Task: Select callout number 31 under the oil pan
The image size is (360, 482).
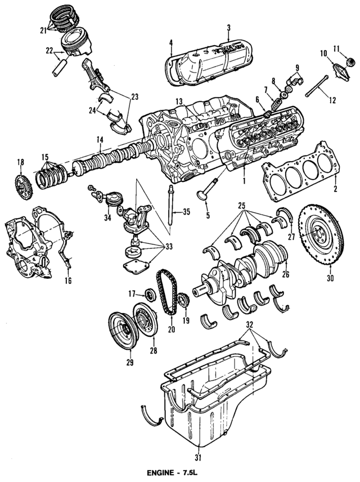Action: coord(198,457)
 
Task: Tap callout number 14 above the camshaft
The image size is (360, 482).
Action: coord(99,140)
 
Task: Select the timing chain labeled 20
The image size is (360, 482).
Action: coord(164,293)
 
